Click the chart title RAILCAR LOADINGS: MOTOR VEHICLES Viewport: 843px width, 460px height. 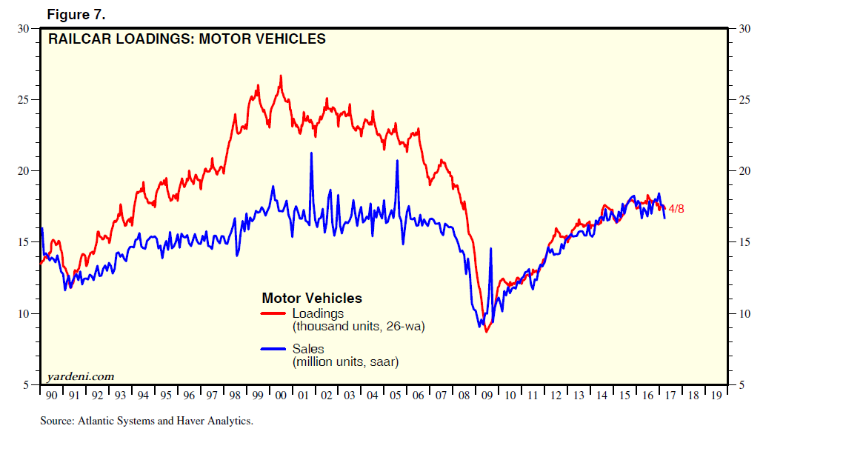click(x=187, y=39)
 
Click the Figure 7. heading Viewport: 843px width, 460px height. click(x=77, y=15)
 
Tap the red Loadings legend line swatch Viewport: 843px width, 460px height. click(x=274, y=313)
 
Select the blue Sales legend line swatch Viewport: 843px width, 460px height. click(x=274, y=349)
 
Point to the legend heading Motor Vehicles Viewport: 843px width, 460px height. click(x=312, y=299)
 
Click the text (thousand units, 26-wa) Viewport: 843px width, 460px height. click(x=359, y=326)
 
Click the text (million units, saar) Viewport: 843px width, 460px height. click(x=346, y=361)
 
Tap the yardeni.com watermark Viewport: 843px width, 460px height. click(x=81, y=376)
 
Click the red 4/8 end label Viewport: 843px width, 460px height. click(x=676, y=209)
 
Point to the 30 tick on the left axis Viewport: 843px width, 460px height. click(x=24, y=29)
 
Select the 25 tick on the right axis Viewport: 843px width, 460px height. click(x=744, y=100)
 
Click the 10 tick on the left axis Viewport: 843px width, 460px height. click(x=24, y=313)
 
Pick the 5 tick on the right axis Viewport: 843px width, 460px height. click(x=741, y=385)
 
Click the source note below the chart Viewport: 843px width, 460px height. click(x=147, y=421)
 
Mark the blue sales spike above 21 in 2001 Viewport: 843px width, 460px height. click(x=311, y=153)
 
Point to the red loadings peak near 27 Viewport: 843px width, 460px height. click(x=281, y=76)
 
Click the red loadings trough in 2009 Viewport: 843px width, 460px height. click(x=487, y=331)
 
